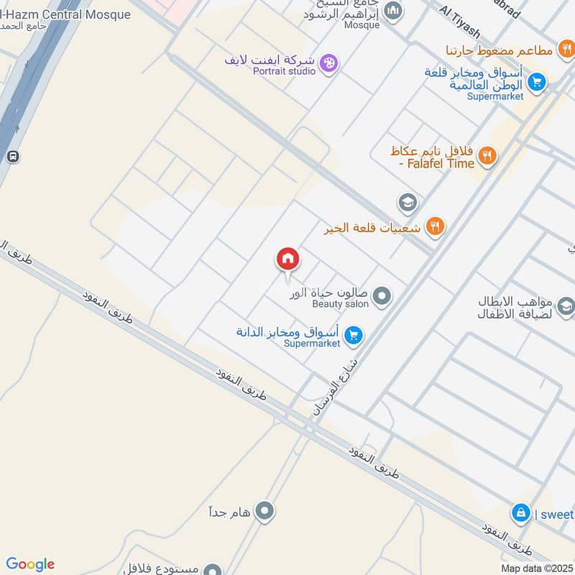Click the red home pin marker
click(x=287, y=259)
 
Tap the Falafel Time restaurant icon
click(x=487, y=156)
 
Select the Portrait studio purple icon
click(x=329, y=63)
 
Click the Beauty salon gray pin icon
click(x=382, y=295)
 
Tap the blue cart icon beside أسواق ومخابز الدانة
click(x=353, y=334)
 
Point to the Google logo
click(x=29, y=564)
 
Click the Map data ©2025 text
click(x=536, y=568)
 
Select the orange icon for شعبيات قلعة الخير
click(x=435, y=228)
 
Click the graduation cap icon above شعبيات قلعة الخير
click(x=408, y=202)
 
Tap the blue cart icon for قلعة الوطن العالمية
click(x=535, y=83)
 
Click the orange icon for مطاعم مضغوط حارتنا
click(x=566, y=50)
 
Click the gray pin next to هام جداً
click(x=265, y=512)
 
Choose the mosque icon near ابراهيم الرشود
click(x=392, y=11)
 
